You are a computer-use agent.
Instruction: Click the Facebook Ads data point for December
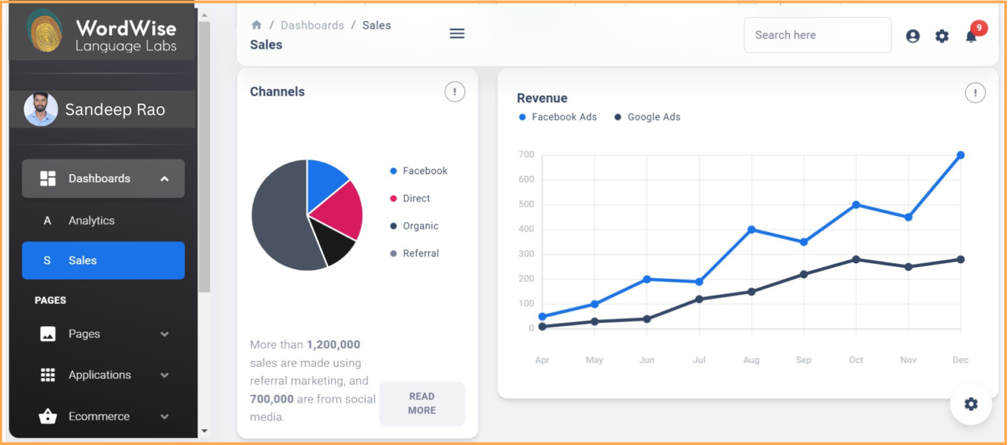(x=960, y=156)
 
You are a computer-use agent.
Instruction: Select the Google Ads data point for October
(x=856, y=259)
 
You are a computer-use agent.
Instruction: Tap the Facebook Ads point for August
(x=751, y=230)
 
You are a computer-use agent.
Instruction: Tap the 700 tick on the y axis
(x=526, y=155)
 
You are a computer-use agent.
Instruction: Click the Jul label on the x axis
(x=699, y=360)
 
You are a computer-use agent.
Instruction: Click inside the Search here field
(x=817, y=35)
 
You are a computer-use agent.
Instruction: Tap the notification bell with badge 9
(x=971, y=36)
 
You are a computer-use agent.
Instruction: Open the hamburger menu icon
(x=457, y=33)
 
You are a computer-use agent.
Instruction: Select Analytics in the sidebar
(x=91, y=221)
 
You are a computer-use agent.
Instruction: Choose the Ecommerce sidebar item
(x=98, y=416)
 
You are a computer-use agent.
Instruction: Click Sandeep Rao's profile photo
(x=41, y=109)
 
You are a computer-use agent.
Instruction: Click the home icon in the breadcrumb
(x=257, y=25)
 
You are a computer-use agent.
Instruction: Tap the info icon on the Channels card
(x=455, y=92)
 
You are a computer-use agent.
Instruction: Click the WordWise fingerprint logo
(x=45, y=30)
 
